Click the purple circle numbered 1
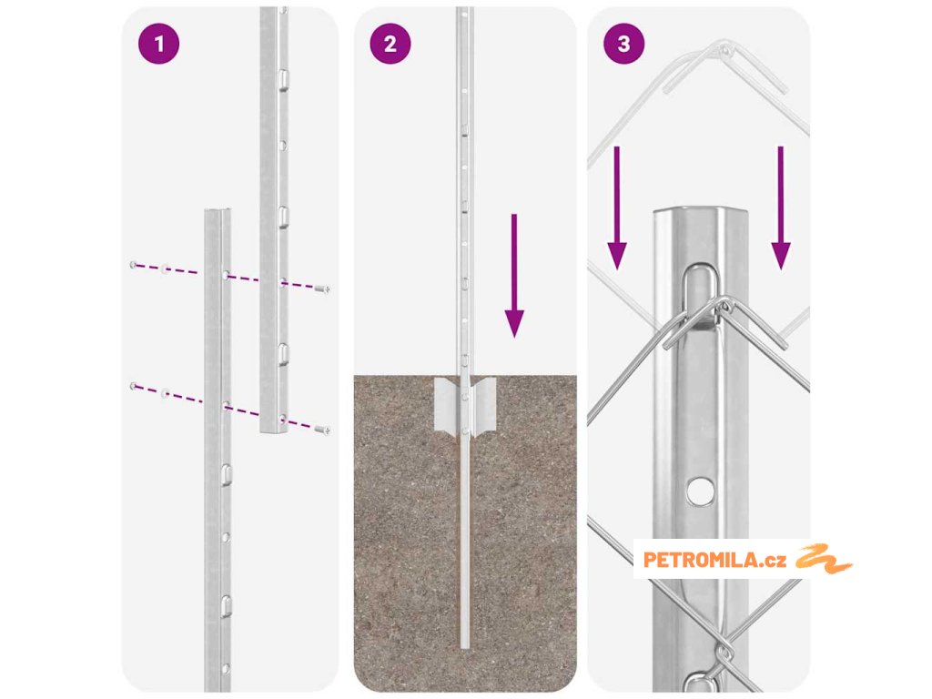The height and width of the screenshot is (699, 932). [158, 44]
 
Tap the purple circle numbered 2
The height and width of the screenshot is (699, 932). [390, 44]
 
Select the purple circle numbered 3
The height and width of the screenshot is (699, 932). [623, 44]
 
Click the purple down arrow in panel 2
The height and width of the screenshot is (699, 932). [514, 276]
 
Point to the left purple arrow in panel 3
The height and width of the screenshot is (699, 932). [617, 208]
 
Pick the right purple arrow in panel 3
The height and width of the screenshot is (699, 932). [780, 208]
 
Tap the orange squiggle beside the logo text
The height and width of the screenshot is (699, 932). [823, 559]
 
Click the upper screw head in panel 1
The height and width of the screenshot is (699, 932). [323, 289]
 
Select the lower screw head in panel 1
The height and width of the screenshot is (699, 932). [323, 430]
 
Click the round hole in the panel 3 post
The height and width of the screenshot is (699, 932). [701, 491]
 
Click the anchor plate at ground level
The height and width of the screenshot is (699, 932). [465, 405]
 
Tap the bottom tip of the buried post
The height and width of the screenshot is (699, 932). [465, 647]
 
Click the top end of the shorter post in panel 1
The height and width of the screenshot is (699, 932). [218, 210]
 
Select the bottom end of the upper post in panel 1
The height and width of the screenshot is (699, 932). [273, 430]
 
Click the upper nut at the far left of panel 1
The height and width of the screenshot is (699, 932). [133, 265]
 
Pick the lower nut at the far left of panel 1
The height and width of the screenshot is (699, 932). [133, 386]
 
